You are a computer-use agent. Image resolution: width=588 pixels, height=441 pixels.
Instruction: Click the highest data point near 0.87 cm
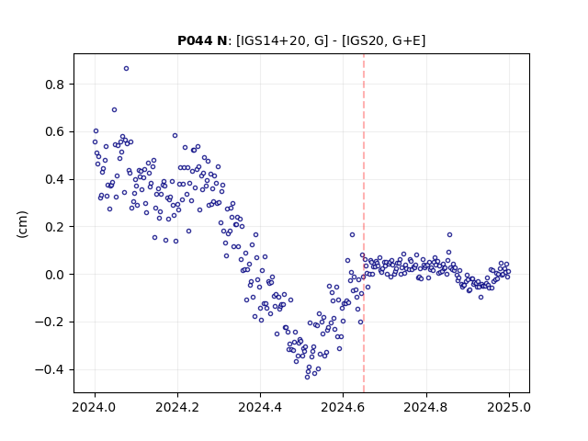pos(127,69)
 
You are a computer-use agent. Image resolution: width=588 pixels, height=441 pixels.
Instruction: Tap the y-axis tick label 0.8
pos(54,85)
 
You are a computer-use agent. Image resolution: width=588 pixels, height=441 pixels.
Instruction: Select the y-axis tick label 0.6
pos(54,132)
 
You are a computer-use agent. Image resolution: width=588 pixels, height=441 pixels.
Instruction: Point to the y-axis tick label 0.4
pos(54,180)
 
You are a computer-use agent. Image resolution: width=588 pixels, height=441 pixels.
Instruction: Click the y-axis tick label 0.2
pos(54,227)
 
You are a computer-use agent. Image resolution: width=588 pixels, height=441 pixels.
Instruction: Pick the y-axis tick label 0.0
pos(54,275)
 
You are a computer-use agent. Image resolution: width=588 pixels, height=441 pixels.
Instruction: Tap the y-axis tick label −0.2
pos(50,322)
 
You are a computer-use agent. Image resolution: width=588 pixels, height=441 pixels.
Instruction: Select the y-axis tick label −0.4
pos(50,369)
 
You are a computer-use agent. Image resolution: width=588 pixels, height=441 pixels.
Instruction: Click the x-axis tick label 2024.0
pos(95,407)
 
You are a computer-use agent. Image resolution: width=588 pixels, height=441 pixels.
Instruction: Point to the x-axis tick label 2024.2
pos(177,407)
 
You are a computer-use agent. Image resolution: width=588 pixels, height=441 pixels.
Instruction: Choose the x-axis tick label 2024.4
pos(260,407)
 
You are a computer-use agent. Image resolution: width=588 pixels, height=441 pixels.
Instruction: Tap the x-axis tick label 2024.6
pos(343,407)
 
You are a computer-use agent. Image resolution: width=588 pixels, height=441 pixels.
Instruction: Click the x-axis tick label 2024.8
pos(426,407)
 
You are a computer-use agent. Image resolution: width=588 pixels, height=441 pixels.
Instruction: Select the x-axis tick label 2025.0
pos(509,407)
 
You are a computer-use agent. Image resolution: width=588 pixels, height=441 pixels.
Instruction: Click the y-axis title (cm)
pos(22,224)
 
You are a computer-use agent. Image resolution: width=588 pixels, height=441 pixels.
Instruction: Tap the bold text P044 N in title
pos(202,40)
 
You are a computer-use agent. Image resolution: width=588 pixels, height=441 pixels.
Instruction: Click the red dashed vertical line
pos(364,223)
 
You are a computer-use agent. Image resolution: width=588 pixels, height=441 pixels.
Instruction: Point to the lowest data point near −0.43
pos(307,377)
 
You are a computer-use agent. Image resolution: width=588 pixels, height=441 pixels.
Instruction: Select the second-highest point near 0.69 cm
pos(114,110)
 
